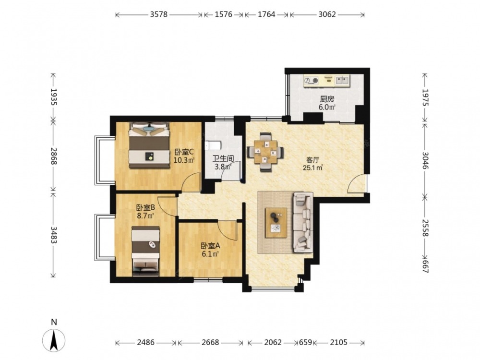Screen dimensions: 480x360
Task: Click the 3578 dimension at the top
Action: tap(158, 14)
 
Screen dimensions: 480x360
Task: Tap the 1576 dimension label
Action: tap(224, 14)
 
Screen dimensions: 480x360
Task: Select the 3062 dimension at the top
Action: tap(327, 14)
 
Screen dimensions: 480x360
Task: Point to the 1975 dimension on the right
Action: tap(425, 97)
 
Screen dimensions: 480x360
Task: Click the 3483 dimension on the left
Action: tap(54, 235)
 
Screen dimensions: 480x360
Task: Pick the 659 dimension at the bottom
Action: tap(305, 342)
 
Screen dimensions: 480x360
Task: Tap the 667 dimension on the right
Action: tap(425, 266)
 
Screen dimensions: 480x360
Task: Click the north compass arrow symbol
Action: tap(54, 340)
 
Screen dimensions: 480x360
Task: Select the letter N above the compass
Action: tap(54, 322)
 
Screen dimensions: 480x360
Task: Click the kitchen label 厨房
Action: tap(327, 99)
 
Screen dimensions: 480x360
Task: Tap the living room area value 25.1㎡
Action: tap(312, 168)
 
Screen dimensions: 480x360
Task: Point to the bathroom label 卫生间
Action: tap(224, 158)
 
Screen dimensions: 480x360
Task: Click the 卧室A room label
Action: tap(211, 246)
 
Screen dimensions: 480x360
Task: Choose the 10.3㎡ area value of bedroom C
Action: tap(184, 160)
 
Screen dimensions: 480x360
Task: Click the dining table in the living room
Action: tap(265, 152)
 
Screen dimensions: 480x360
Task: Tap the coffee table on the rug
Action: tap(276, 223)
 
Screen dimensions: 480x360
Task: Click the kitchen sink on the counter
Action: tap(342, 81)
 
